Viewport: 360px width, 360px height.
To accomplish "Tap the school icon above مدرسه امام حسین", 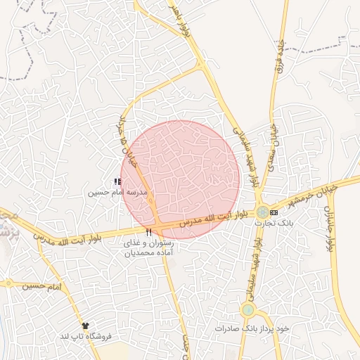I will [x=117, y=182].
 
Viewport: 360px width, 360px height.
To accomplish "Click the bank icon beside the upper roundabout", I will [x=274, y=212].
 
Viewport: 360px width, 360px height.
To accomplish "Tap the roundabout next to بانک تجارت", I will [x=262, y=212].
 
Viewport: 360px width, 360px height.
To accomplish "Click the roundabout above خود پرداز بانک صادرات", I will [x=247, y=309].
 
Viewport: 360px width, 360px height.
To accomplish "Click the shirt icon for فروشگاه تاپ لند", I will [x=86, y=326].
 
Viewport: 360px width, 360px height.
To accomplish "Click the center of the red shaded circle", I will [x=180, y=179].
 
